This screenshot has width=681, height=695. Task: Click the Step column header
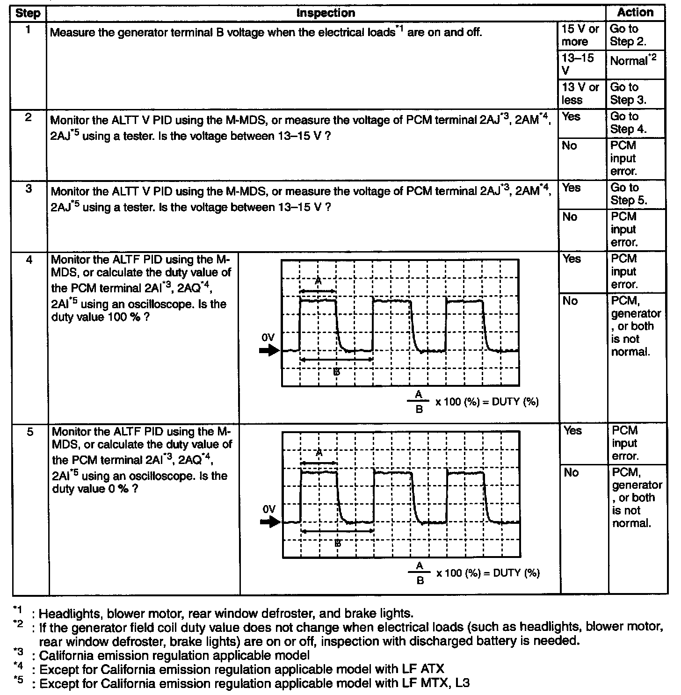28,13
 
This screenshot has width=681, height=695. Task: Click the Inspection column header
326,13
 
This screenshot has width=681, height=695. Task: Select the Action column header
635,13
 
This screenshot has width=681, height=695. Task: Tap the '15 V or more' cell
580,35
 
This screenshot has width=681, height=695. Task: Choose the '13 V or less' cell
580,94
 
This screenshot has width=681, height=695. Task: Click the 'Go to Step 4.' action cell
628,123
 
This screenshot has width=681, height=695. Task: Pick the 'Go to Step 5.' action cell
629,194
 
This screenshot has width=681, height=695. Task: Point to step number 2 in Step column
29,117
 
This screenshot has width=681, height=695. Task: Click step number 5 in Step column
30,432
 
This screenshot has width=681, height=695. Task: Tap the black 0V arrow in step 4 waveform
269,351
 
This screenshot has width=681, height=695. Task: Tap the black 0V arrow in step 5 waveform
270,522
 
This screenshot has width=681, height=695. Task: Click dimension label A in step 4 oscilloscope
318,282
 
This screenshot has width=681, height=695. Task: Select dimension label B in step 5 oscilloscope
338,543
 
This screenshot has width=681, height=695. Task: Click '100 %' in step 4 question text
126,318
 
